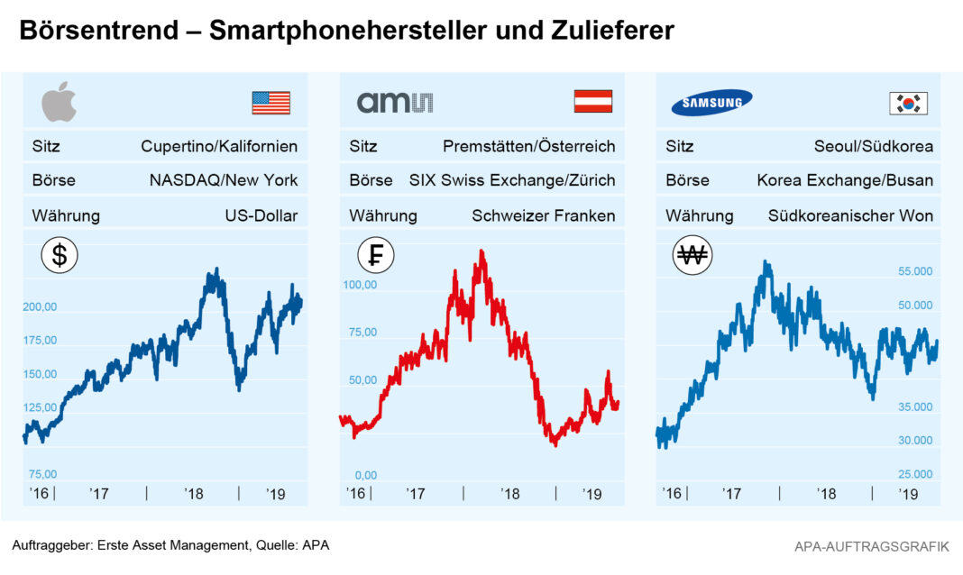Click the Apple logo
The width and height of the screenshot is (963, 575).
coord(60,102)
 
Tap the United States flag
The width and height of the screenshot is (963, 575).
coord(271,103)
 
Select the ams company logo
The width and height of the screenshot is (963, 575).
coord(394,102)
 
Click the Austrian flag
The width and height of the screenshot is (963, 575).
coord(592,102)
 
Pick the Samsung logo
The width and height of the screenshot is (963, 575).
coord(712,102)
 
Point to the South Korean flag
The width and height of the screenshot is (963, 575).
coord(908,103)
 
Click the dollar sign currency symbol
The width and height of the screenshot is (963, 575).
coord(60,256)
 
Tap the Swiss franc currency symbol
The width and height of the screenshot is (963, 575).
coord(375,256)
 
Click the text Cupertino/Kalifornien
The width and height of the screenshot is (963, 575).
coord(219,146)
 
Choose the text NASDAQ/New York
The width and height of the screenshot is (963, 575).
coord(224,180)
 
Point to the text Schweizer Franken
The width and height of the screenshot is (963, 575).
coord(543,216)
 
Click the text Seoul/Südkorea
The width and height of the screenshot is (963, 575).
coord(874,146)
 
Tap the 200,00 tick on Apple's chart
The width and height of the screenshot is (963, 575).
coord(40,306)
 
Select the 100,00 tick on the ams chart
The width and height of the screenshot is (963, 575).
coord(360,285)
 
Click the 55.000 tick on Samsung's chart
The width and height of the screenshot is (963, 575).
coord(915,271)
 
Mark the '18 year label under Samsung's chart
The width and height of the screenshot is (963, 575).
coord(825,494)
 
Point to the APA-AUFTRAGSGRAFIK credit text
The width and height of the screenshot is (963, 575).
coord(872,546)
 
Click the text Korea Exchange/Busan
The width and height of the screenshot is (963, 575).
coord(845,180)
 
